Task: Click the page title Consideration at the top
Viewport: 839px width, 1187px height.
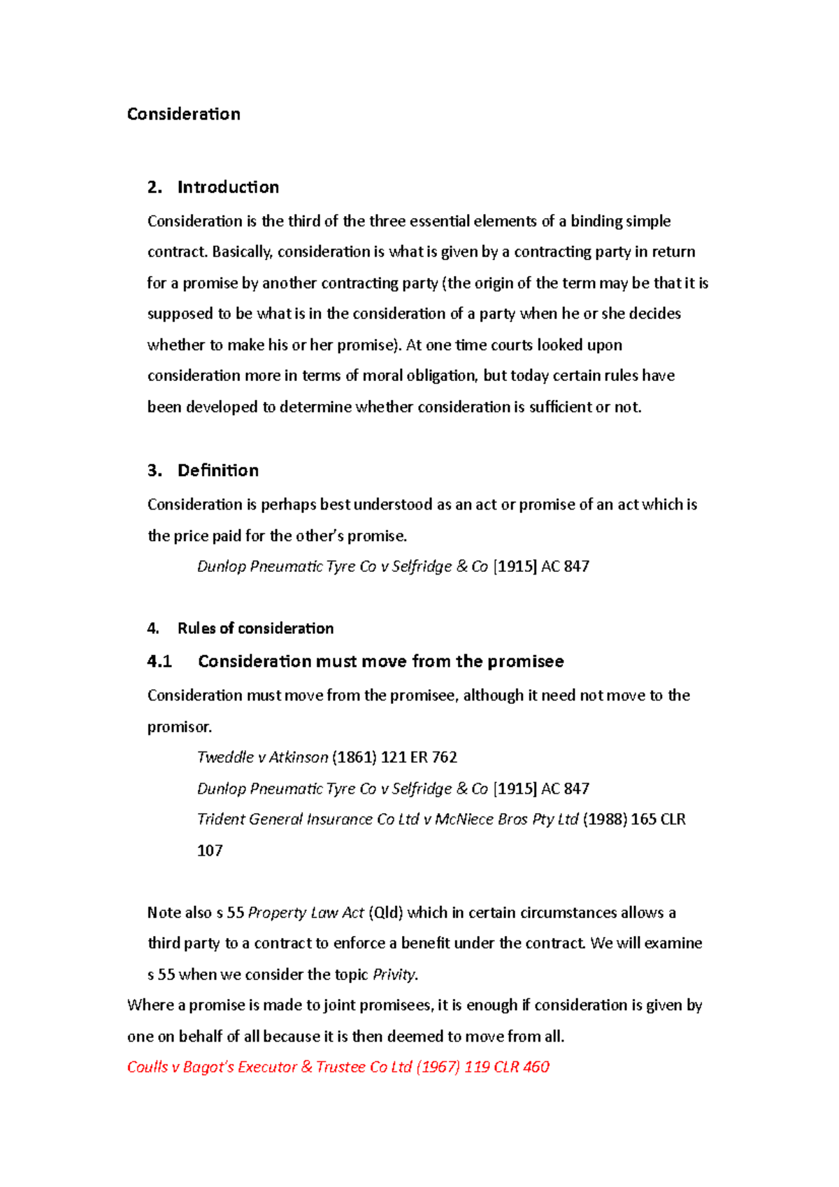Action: click(183, 114)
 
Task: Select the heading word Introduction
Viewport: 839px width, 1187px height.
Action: click(228, 187)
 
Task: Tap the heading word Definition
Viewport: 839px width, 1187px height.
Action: click(217, 470)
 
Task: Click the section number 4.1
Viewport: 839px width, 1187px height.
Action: click(159, 661)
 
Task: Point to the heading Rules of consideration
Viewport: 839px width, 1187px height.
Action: click(255, 628)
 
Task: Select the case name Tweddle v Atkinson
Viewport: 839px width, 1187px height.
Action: click(262, 757)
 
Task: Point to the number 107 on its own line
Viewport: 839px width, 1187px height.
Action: click(210, 851)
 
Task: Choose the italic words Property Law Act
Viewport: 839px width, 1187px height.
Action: click(306, 913)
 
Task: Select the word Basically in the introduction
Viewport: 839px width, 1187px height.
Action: click(242, 252)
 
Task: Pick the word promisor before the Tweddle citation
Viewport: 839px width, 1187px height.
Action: click(179, 727)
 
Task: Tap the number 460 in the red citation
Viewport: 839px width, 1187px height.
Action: click(536, 1067)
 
